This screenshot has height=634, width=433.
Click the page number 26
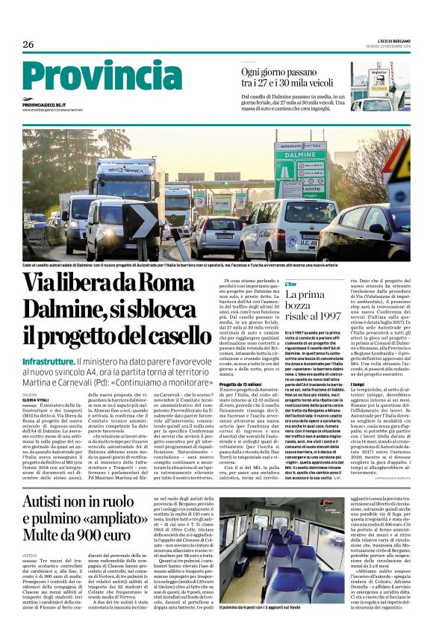coord(28,45)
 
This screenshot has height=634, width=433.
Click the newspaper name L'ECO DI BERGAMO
coord(384,42)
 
